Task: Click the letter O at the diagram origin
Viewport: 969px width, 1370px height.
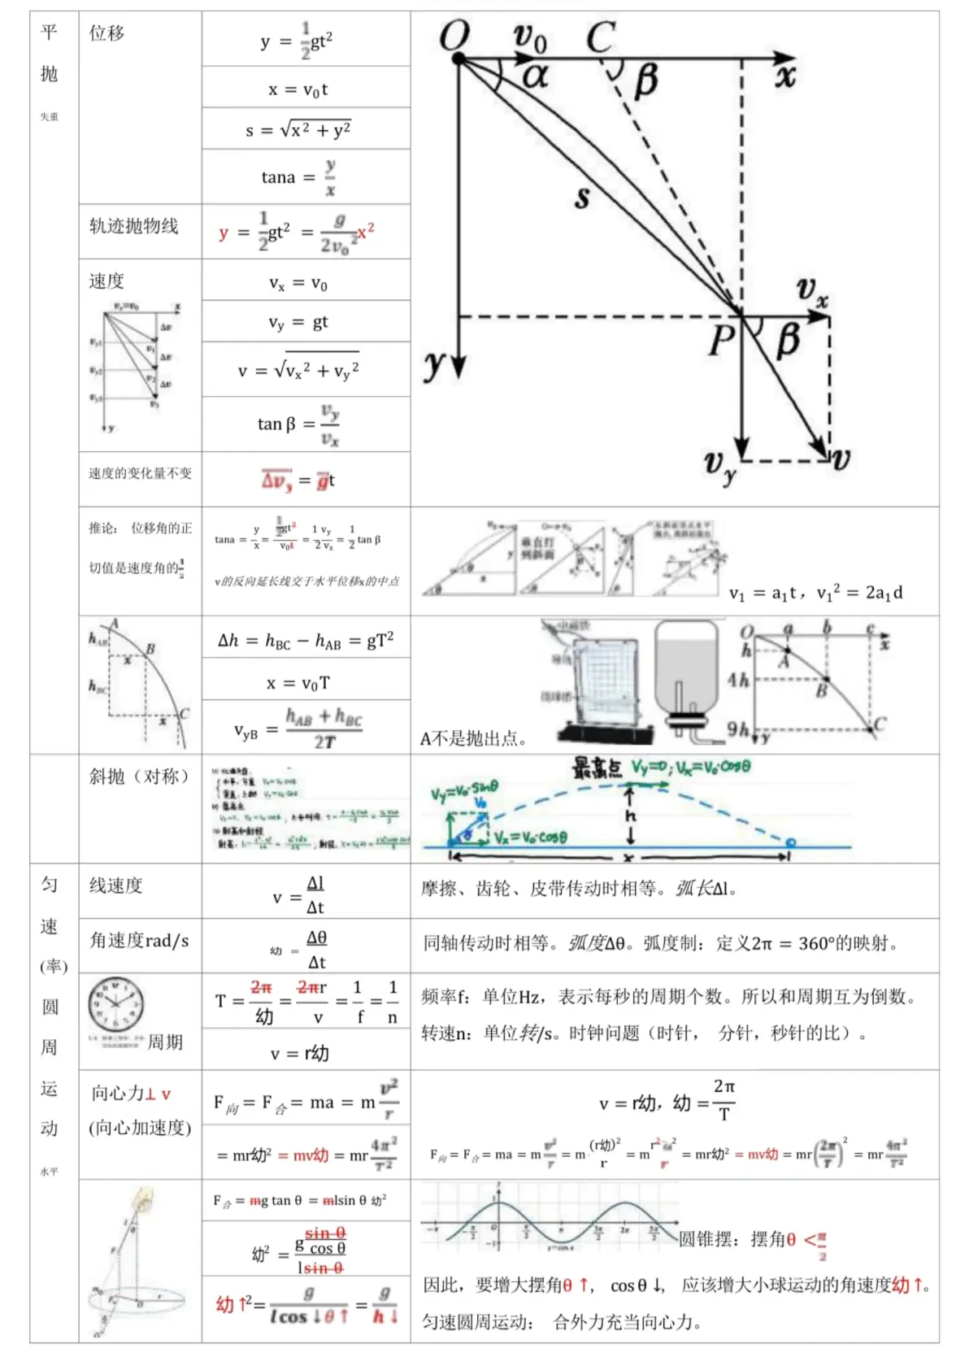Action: point(454,37)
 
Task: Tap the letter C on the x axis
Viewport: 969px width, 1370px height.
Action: point(601,37)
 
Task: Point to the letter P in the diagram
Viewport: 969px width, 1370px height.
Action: point(721,340)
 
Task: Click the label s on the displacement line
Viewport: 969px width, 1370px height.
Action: point(582,197)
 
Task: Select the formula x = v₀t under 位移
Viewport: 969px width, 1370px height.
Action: point(298,89)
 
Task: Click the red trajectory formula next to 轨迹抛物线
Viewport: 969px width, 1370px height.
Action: point(296,233)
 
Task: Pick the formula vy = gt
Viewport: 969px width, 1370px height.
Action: point(298,322)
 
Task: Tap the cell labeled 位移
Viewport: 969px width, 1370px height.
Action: point(106,33)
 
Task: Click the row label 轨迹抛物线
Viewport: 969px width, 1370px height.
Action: point(133,226)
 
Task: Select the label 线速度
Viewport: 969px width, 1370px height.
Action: point(115,885)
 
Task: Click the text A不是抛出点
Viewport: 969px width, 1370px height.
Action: point(473,738)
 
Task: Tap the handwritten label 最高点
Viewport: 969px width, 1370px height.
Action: point(597,768)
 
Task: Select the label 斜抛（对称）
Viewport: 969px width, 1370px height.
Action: point(139,776)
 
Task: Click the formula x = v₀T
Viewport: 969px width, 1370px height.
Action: point(298,683)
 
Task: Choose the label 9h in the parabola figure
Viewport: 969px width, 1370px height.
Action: point(737,729)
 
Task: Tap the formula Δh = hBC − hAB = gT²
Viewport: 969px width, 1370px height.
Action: point(306,641)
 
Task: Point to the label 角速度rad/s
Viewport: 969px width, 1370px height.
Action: point(139,941)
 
